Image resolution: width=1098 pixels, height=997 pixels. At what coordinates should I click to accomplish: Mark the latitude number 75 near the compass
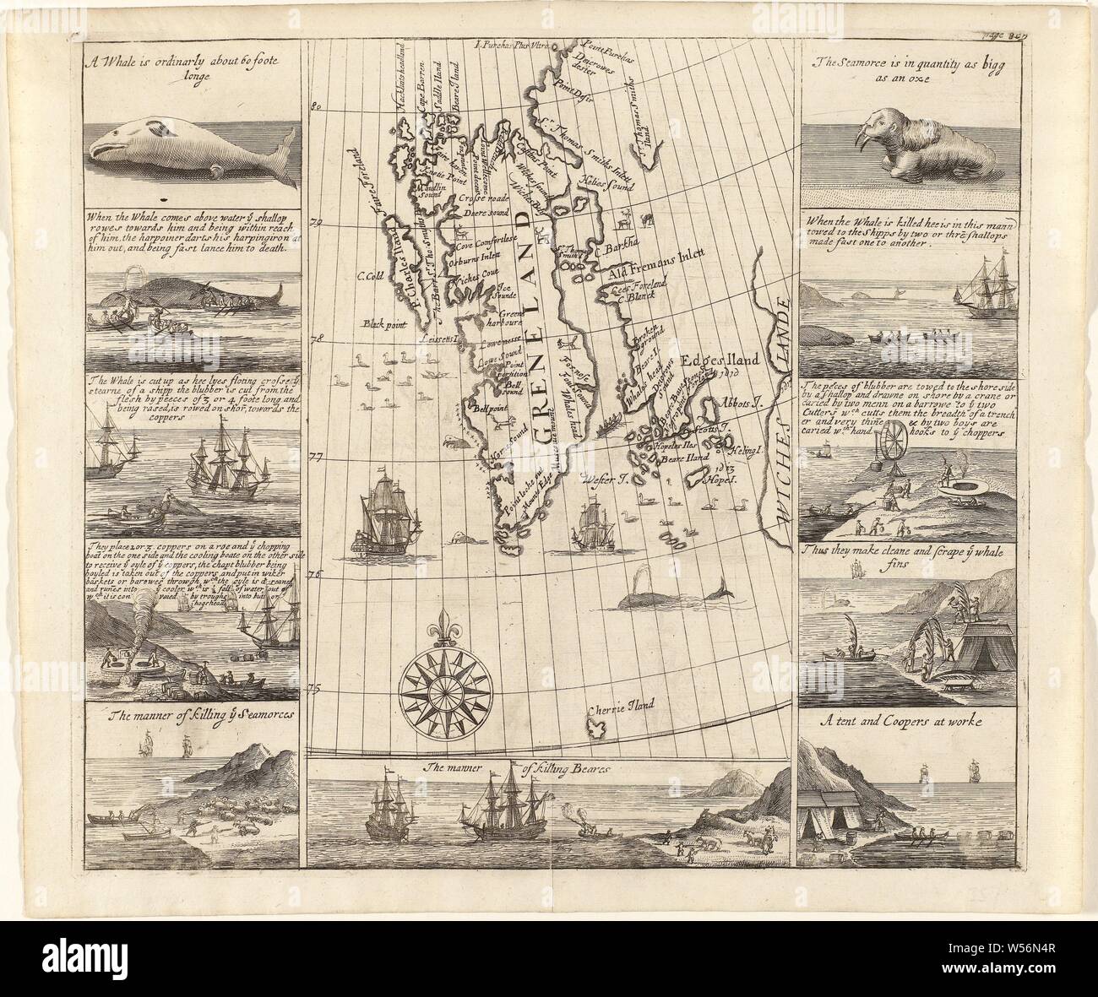tap(316, 690)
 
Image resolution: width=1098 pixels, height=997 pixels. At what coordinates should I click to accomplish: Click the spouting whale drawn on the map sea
tap(667, 596)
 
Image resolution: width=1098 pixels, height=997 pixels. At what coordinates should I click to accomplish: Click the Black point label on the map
tap(385, 323)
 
